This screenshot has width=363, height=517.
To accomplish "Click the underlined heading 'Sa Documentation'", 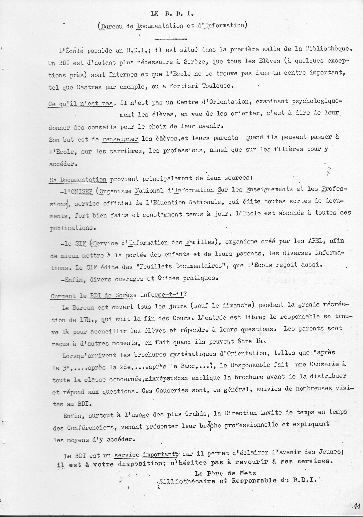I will [x=78, y=179].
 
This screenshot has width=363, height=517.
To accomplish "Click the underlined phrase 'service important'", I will [x=145, y=455].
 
